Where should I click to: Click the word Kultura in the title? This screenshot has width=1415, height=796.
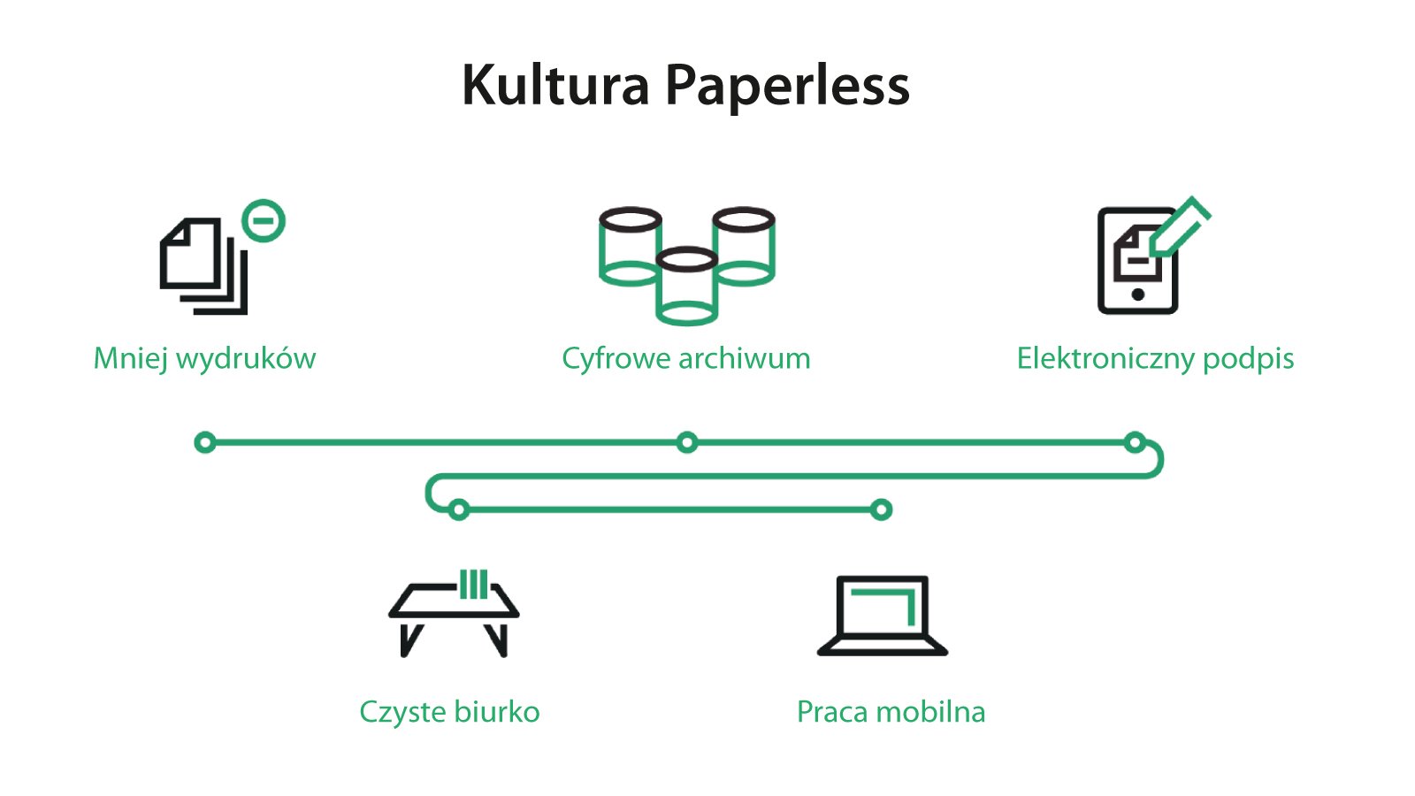(555, 86)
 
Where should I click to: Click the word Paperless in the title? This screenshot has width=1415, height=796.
(786, 86)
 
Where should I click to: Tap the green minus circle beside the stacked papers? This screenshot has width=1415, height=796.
(264, 220)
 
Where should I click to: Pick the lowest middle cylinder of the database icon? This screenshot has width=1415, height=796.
(687, 287)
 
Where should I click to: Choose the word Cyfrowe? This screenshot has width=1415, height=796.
(616, 359)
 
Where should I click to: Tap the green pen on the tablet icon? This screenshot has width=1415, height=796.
(1182, 226)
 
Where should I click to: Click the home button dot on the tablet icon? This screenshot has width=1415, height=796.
(1138, 295)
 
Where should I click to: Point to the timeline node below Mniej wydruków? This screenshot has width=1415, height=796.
(205, 442)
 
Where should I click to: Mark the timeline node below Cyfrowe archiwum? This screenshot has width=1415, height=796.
(686, 442)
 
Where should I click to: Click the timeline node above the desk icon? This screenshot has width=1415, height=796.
(458, 509)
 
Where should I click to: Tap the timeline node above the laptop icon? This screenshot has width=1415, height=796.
(881, 509)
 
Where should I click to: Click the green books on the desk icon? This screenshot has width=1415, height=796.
(473, 585)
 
